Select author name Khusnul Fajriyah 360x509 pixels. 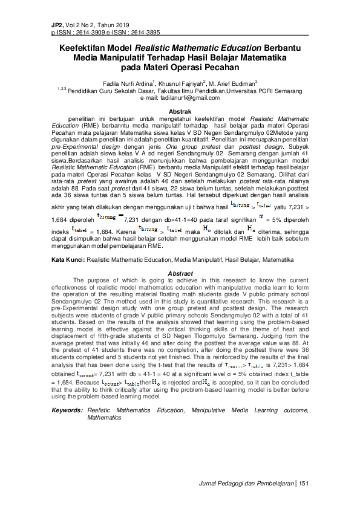pos(183,82)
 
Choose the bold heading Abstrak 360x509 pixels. pos(180,112)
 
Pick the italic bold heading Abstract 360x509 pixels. pos(180,274)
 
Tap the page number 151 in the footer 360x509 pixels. pos(304,483)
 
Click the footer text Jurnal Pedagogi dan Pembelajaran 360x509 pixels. pos(247,483)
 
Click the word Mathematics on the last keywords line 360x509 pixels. pos(104,417)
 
